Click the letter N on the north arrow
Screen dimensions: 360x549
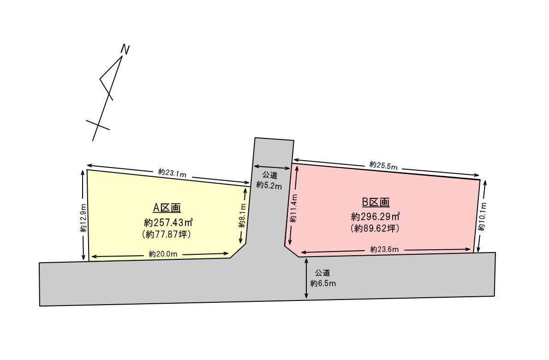125,49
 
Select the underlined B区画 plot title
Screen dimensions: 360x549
376,202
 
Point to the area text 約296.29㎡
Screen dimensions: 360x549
375,216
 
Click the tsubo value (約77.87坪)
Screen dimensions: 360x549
167,234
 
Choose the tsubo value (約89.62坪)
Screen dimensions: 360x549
375,228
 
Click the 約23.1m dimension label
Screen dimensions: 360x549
172,173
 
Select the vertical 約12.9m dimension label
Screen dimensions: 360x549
83,218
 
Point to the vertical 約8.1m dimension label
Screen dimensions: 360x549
242,218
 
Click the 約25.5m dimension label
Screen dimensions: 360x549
383,165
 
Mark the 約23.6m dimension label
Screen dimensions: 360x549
384,249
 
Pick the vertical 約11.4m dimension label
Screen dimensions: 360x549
293,209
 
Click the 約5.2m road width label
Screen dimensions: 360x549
269,185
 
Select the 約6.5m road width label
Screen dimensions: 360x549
323,283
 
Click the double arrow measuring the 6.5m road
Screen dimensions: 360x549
306,278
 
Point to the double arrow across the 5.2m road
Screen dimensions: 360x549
271,168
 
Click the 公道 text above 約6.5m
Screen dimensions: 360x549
322,273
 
